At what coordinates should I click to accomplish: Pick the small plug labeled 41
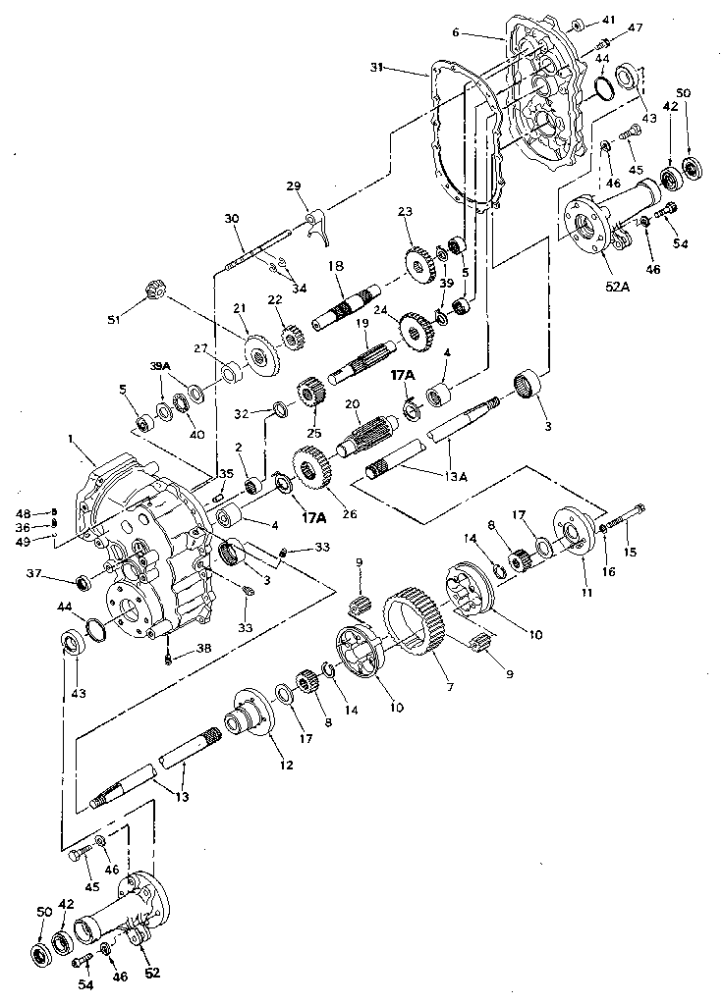coord(578,23)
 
